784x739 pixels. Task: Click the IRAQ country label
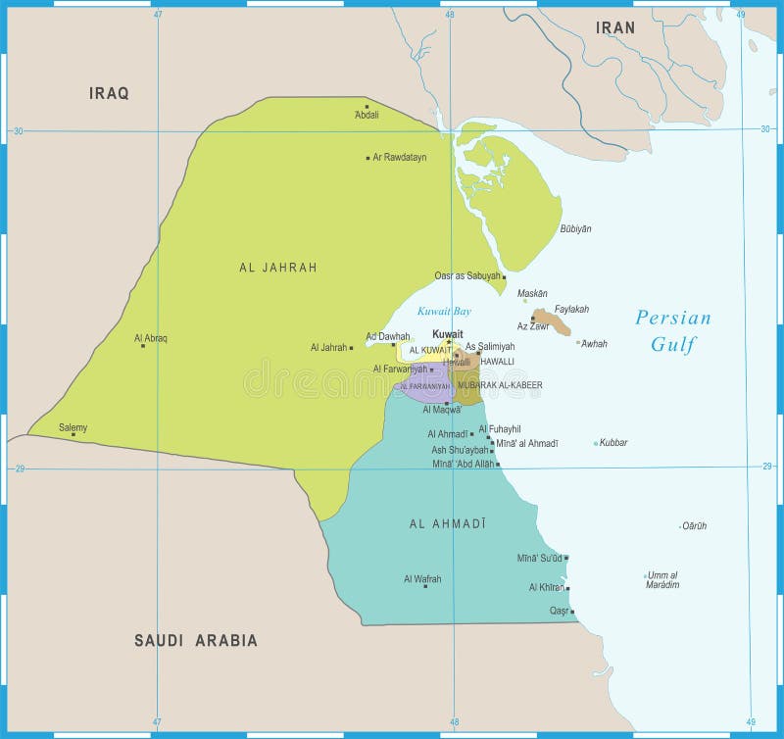coord(109,93)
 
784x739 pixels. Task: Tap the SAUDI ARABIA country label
coord(196,640)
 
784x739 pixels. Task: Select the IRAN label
coord(615,27)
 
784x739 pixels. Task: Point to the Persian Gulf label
coord(672,330)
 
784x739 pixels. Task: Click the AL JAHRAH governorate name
coord(278,267)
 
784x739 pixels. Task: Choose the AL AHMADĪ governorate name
coord(448,523)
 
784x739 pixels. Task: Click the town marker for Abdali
coord(367,106)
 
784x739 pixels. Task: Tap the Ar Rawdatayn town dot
coord(368,157)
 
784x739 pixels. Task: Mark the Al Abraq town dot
coord(143,345)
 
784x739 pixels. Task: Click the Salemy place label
coord(73,427)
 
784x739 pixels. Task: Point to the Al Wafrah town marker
coord(424,586)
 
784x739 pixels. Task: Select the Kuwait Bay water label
coord(444,311)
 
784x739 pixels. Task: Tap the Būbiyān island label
coord(575,228)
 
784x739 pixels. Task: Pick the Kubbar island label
coord(613,442)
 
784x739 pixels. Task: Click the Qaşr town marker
coord(572,613)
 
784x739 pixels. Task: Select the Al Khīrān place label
coord(546,587)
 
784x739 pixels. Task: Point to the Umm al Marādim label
coord(662,579)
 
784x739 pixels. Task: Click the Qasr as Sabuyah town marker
coord(504,277)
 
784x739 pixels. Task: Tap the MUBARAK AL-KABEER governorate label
coord(500,385)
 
